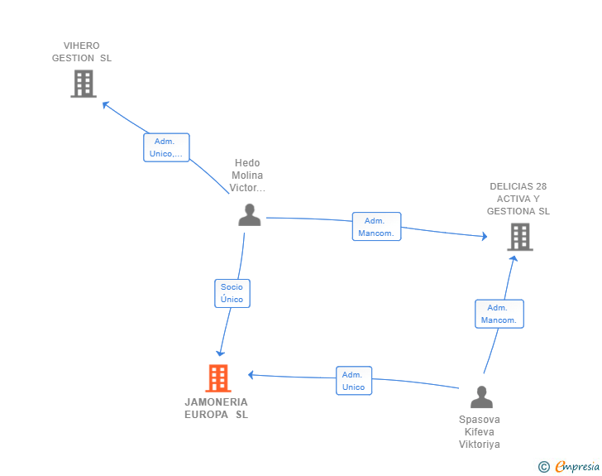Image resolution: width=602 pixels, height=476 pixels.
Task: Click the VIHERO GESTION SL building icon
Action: click(x=84, y=84)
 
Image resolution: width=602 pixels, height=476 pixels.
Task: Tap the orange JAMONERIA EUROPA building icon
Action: click(x=218, y=378)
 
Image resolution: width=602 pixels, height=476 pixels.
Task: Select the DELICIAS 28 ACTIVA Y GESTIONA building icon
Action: click(x=520, y=237)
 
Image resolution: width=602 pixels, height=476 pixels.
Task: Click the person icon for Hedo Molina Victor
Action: click(x=250, y=215)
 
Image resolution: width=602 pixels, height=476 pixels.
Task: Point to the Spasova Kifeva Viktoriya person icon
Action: click(x=481, y=397)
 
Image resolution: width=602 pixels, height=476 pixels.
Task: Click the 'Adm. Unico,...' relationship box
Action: click(x=166, y=147)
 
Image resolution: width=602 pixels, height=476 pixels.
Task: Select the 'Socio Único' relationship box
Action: click(x=232, y=293)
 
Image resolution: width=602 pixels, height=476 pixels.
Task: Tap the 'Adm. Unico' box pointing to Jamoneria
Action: click(x=354, y=381)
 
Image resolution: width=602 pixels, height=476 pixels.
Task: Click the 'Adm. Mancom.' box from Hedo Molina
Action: click(x=376, y=227)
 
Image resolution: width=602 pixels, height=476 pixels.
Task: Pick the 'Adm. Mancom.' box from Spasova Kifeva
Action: click(x=499, y=314)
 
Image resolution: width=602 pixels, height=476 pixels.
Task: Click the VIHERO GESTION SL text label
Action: click(x=82, y=52)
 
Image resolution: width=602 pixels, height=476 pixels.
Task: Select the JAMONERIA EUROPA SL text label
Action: click(x=216, y=408)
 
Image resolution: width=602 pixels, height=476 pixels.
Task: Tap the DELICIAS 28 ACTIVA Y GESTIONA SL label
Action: click(x=518, y=199)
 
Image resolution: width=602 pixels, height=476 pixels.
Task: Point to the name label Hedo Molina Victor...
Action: click(x=247, y=175)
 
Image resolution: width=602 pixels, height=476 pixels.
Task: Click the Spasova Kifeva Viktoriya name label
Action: click(x=480, y=432)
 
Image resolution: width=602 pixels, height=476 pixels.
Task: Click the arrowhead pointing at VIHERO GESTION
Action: click(x=105, y=104)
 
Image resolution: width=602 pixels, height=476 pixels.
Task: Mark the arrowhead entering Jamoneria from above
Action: click(x=220, y=353)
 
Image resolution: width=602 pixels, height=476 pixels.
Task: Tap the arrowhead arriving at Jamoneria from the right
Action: click(x=251, y=375)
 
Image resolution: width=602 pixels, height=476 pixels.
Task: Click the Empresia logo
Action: click(x=577, y=467)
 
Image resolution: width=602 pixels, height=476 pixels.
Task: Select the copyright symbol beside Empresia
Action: click(x=543, y=467)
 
